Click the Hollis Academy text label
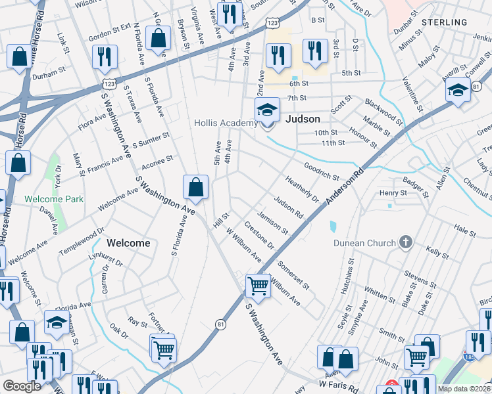pyautogui.click(x=225, y=123)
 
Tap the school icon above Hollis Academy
pyautogui.click(x=268, y=110)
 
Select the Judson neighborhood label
pyautogui.click(x=303, y=119)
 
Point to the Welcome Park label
pyautogui.click(x=54, y=199)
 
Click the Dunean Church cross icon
pyautogui.click(x=406, y=243)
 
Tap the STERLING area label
pyautogui.click(x=444, y=22)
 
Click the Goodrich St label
pyautogui.click(x=321, y=171)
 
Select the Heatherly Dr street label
pyautogui.click(x=302, y=188)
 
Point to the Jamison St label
pyautogui.click(x=272, y=223)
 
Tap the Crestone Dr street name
pyautogui.click(x=259, y=235)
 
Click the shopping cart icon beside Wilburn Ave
pyautogui.click(x=258, y=286)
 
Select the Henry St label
pyautogui.click(x=393, y=193)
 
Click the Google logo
pyautogui.click(x=22, y=386)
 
